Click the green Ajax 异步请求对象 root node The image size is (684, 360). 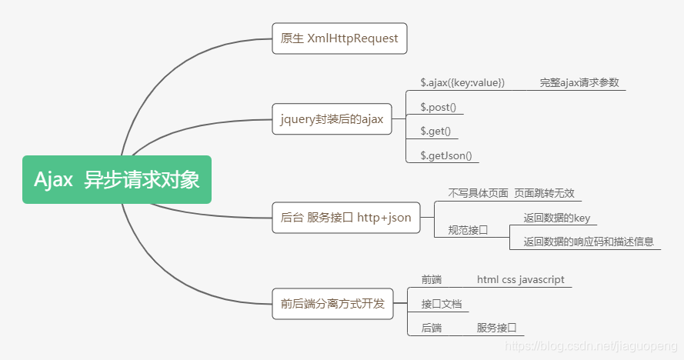click(x=117, y=180)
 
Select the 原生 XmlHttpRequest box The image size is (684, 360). click(x=339, y=38)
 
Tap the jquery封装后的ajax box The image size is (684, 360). click(x=332, y=118)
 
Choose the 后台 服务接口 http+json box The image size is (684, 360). click(x=345, y=218)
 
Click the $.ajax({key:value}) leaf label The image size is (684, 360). click(x=462, y=82)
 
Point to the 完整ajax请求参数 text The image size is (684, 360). click(x=579, y=82)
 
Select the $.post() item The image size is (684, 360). click(x=438, y=107)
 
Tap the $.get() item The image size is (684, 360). click(x=435, y=131)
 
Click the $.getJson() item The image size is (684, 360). click(x=445, y=155)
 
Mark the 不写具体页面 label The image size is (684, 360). click(x=478, y=193)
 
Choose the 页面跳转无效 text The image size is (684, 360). click(x=544, y=193)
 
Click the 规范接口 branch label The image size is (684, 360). click(x=468, y=230)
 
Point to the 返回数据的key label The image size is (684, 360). click(x=556, y=218)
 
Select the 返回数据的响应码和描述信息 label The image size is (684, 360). click(x=589, y=242)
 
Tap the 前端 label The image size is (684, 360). click(x=431, y=279)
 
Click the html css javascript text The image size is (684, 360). click(x=520, y=279)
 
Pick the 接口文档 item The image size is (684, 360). click(x=441, y=304)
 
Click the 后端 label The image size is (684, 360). click(x=431, y=328)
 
